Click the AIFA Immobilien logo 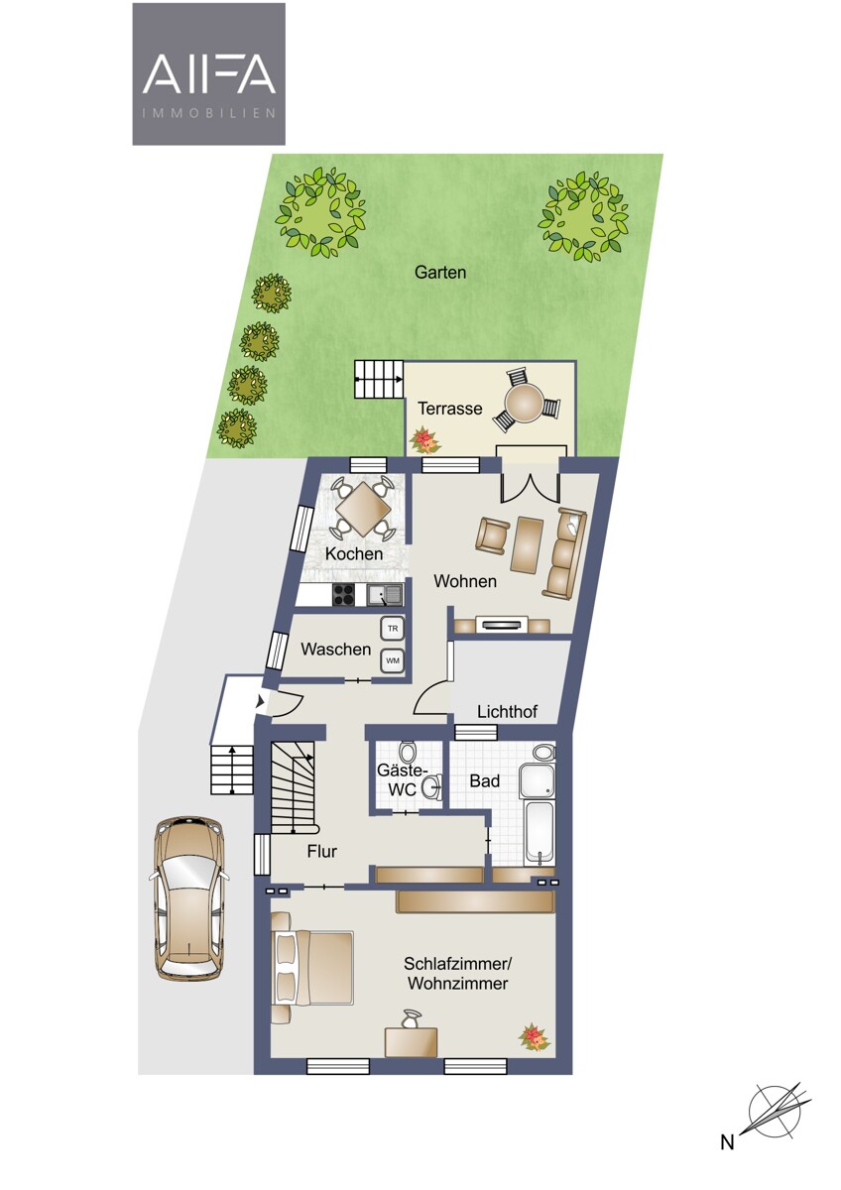(209, 73)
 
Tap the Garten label (440, 273)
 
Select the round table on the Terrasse (524, 401)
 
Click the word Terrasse (449, 409)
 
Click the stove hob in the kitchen (344, 594)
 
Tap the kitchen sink (385, 594)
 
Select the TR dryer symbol (392, 629)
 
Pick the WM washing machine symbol (392, 661)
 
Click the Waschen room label (336, 650)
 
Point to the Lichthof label (507, 712)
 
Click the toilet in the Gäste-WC (408, 754)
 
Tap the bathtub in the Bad (539, 833)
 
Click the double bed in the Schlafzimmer (311, 968)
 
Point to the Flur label (322, 852)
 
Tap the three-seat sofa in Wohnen (565, 552)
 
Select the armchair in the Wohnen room (493, 535)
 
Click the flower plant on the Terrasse (425, 440)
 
